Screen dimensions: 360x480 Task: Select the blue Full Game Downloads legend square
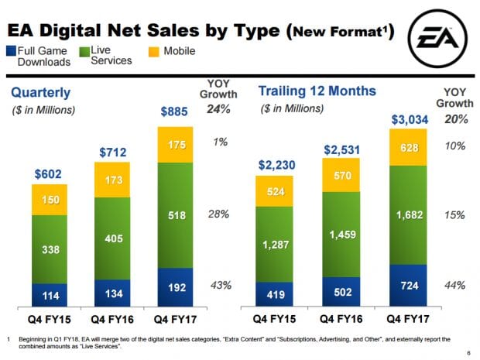pyautogui.click(x=12, y=51)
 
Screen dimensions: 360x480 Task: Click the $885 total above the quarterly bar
pyautogui.click(x=174, y=111)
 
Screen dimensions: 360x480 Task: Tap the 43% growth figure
pyautogui.click(x=220, y=286)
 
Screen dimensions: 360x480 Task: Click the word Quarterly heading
pyautogui.click(x=41, y=93)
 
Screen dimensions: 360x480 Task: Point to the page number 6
pyautogui.click(x=469, y=352)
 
